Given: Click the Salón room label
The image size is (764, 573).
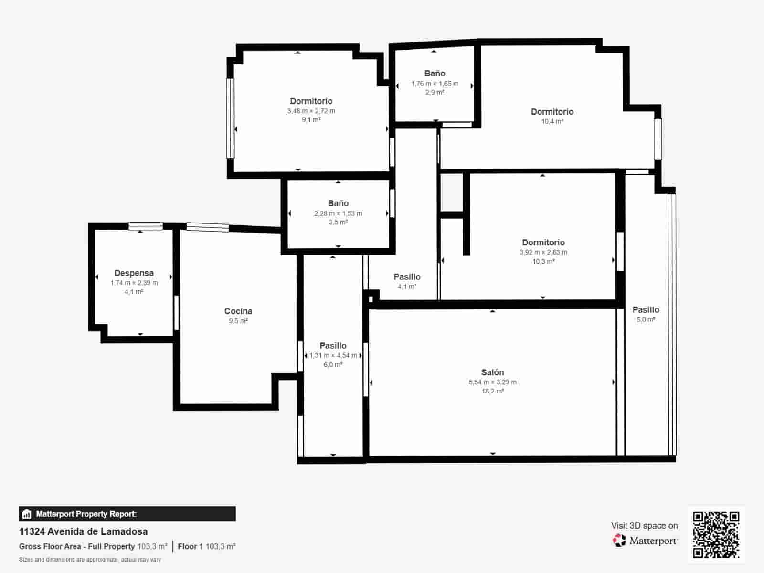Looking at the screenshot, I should point(492,372).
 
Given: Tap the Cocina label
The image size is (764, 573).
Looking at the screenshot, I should point(238,311).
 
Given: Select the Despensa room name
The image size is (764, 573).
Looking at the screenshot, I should point(134,273).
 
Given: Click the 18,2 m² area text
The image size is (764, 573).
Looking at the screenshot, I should point(492,391).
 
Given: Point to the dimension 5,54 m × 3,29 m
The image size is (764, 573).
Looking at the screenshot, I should point(492,382).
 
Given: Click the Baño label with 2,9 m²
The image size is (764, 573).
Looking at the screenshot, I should point(435,74).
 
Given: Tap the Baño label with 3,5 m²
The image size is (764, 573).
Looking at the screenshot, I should point(338,203).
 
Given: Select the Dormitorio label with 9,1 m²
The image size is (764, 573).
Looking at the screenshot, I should point(311,101).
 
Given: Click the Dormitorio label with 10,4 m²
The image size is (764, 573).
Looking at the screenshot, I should point(552,112).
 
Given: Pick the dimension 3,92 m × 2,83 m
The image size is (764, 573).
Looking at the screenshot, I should point(543,252).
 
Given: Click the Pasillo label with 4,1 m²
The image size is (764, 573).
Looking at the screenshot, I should point(407,277).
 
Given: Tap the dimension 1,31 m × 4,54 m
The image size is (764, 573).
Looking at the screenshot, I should point(333,355).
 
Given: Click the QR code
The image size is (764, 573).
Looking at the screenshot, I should point(716,534).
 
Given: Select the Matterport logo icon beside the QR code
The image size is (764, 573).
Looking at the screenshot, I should point(619,541).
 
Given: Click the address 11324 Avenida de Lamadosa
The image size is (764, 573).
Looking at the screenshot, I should point(83,531).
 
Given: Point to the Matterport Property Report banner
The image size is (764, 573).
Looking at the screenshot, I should point(127,514).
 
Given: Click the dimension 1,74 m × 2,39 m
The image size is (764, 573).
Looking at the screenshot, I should point(134,283).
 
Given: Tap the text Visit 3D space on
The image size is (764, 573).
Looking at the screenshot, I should point(644,525).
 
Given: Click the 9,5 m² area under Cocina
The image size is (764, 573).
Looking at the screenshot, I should point(238,321).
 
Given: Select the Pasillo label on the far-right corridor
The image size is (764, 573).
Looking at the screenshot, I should point(646,310).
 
